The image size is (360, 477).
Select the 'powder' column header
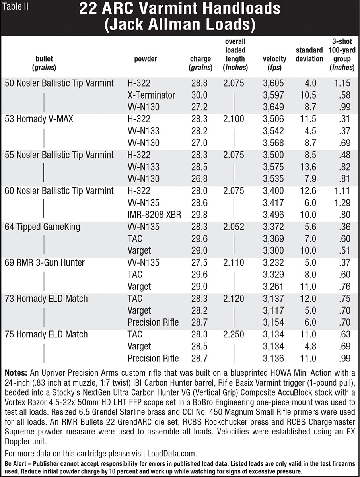pos(146,59)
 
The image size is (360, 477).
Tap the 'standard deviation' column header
pos(309,55)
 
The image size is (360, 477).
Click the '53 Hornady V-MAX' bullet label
pos(40,119)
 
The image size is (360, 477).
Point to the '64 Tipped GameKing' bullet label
pos(43,227)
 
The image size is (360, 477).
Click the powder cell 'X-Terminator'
pos(151,95)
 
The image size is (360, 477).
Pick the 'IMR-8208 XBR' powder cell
pos(154,215)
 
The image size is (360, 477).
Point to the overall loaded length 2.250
pos(234,334)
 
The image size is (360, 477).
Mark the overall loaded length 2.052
pos(234,227)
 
